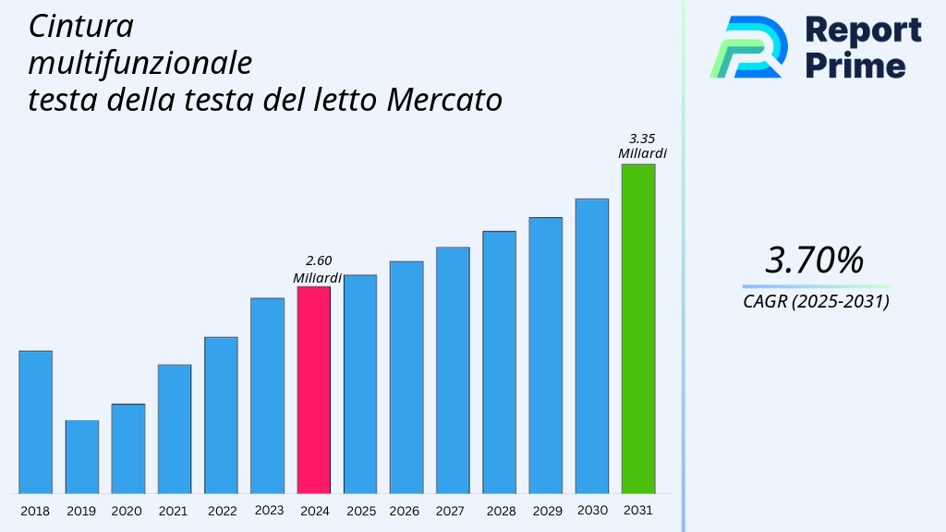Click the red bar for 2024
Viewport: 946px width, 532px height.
313,390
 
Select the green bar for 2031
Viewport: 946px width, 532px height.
637,329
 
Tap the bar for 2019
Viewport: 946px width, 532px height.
81,456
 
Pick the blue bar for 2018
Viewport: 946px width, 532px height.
35,422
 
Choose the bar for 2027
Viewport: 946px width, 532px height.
453,369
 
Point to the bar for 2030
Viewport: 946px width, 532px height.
591,345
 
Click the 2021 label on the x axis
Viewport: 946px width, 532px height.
174,511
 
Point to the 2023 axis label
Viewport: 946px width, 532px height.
268,511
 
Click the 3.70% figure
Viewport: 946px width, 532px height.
815,260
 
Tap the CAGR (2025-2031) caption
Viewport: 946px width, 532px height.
816,302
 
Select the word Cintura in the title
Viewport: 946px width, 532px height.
80,27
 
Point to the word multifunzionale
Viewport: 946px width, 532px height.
139,63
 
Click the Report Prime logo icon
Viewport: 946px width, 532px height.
748,47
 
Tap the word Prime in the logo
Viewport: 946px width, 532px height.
855,65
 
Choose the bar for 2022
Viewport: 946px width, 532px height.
221,415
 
